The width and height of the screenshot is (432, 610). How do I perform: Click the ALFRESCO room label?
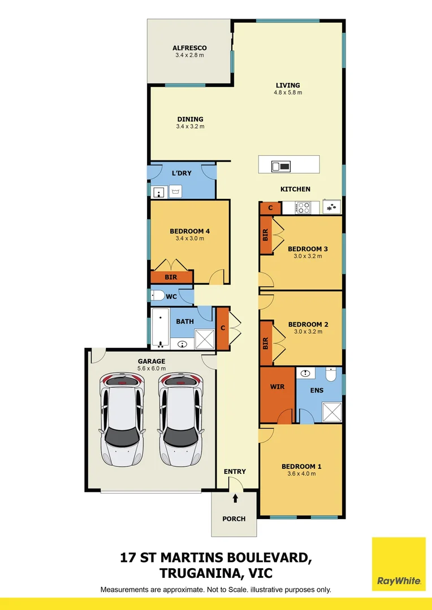pyautogui.click(x=189, y=48)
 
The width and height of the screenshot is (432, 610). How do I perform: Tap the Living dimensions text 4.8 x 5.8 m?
pyautogui.click(x=288, y=93)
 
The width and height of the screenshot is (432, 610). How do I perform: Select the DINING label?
pyautogui.click(x=190, y=119)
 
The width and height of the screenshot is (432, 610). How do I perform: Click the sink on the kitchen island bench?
pyautogui.click(x=281, y=166)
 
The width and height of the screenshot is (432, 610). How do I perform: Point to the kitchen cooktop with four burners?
pyautogui.click(x=303, y=208)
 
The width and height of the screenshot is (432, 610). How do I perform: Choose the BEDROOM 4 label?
pyautogui.click(x=190, y=231)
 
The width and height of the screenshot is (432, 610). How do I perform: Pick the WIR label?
pyautogui.click(x=277, y=387)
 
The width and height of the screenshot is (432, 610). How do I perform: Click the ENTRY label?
pyautogui.click(x=235, y=472)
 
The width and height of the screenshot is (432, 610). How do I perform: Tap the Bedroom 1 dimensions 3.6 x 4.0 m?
pyautogui.click(x=301, y=474)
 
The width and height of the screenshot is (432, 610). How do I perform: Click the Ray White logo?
pyautogui.click(x=399, y=564)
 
